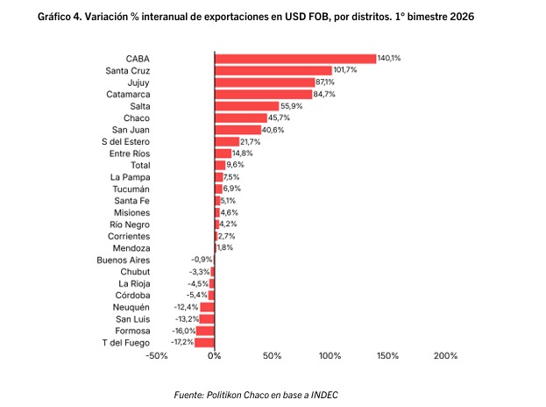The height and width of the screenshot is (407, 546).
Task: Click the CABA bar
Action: (x=294, y=58)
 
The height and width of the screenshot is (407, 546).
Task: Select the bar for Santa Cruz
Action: (x=273, y=70)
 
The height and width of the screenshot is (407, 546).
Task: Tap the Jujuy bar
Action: (x=264, y=82)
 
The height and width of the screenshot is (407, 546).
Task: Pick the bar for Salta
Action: (x=246, y=105)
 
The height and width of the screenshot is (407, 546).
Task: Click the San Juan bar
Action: (x=238, y=130)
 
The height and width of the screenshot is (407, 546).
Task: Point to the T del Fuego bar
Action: (x=205, y=343)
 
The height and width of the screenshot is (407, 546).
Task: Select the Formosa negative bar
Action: (x=206, y=331)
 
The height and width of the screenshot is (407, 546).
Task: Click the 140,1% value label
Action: (x=388, y=58)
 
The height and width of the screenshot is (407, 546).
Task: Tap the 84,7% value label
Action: (x=324, y=94)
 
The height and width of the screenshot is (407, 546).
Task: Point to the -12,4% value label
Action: (x=188, y=307)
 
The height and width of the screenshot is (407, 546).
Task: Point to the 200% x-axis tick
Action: (x=445, y=356)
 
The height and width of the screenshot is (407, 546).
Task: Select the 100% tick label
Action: (x=330, y=356)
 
